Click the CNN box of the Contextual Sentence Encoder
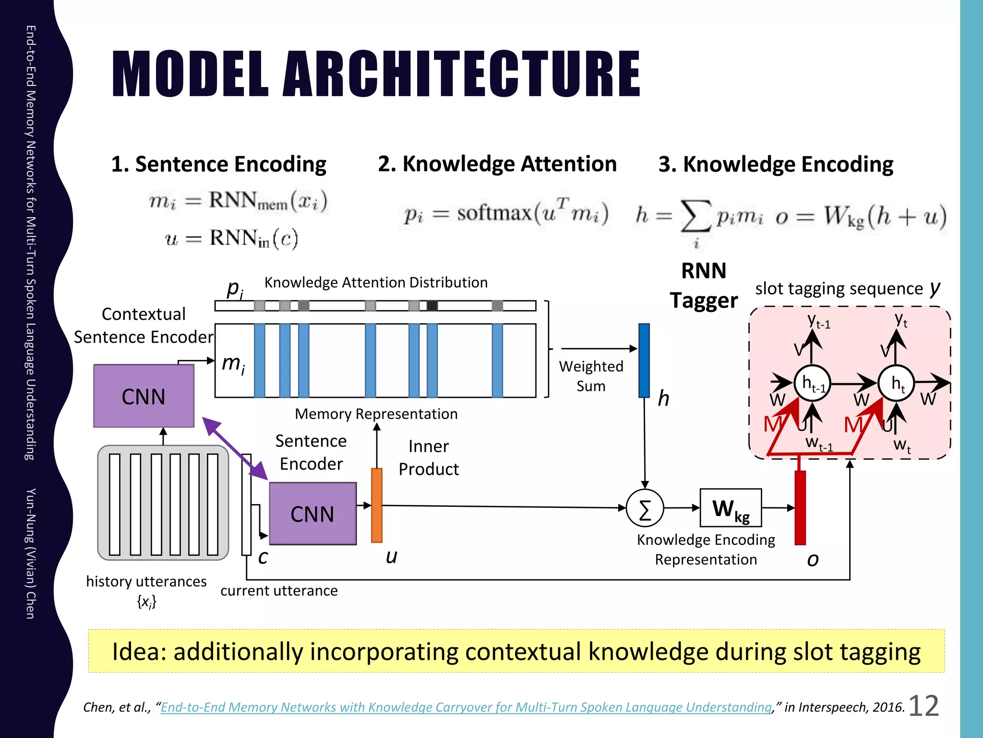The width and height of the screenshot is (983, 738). (x=144, y=396)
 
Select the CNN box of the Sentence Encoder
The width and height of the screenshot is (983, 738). (x=312, y=514)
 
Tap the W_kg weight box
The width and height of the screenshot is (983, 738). (x=731, y=508)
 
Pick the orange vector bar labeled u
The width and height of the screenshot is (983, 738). (x=377, y=505)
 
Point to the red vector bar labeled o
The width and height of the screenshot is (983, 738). (x=800, y=507)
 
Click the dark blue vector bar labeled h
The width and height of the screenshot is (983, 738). (x=644, y=360)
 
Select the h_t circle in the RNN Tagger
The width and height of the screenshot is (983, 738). (x=896, y=383)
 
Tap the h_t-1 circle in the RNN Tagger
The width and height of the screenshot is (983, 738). (x=812, y=383)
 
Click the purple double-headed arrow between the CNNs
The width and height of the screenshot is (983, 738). (x=235, y=448)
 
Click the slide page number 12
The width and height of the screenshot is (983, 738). (x=923, y=706)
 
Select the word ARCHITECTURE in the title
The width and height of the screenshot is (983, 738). (x=461, y=74)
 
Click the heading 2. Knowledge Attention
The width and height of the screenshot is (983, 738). (x=497, y=164)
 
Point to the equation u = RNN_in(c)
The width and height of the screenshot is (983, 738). (x=231, y=238)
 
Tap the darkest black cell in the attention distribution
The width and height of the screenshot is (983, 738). (x=432, y=306)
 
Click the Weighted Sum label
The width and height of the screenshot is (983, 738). (x=591, y=376)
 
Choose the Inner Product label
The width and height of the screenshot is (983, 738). (x=428, y=457)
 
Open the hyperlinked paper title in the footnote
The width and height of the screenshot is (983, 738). (x=466, y=707)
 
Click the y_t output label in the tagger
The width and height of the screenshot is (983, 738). (x=901, y=320)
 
